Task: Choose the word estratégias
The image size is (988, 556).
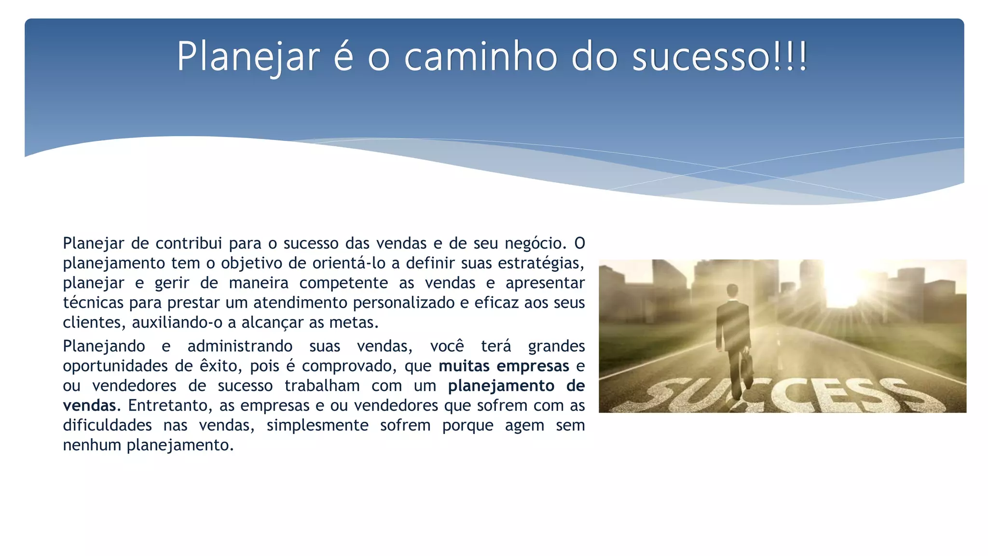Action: [x=540, y=263]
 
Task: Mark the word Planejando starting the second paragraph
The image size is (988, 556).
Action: [x=104, y=347]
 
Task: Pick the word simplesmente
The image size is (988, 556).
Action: [x=317, y=425]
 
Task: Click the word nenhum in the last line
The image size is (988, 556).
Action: [x=92, y=445]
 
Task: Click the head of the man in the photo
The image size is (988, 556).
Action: [x=732, y=291]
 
